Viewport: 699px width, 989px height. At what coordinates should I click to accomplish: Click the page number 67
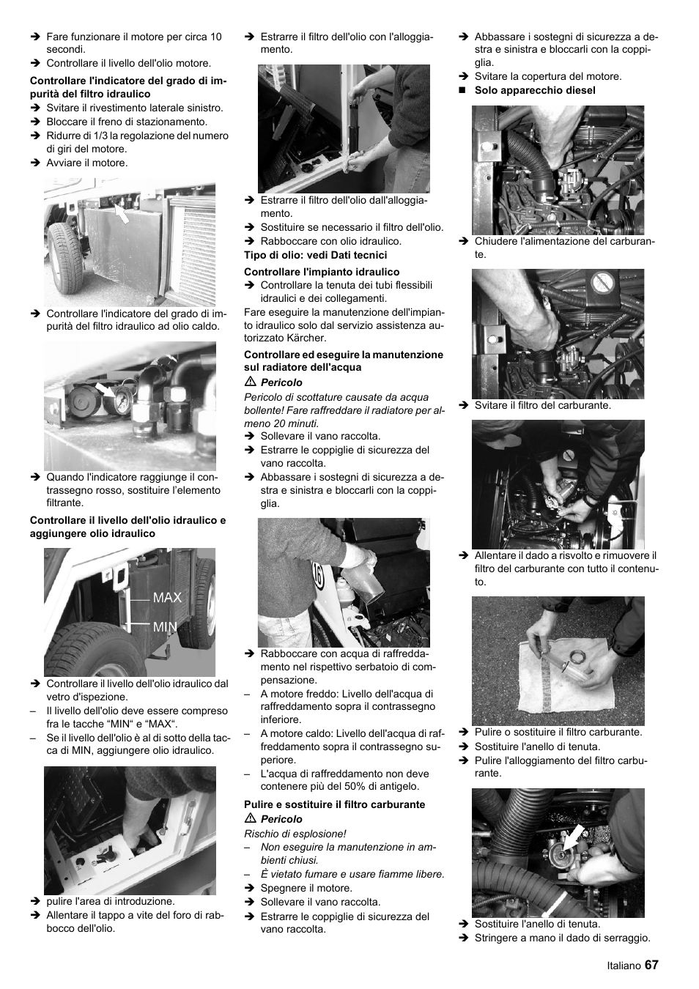[x=651, y=966]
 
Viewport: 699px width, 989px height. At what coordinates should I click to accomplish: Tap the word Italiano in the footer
[x=624, y=966]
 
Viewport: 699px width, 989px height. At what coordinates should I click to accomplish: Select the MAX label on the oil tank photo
[x=167, y=598]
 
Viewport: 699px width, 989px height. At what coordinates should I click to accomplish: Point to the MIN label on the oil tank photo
[x=165, y=627]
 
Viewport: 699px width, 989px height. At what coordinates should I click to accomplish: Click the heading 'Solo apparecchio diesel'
[x=535, y=90]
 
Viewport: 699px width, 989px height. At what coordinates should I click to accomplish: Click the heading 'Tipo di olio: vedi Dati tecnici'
[x=315, y=255]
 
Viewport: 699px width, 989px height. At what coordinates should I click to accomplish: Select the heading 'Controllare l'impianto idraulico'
[x=322, y=272]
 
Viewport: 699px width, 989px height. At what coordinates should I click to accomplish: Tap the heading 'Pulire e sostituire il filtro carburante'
[x=334, y=804]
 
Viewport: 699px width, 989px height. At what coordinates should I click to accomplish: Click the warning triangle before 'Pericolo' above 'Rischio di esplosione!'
[x=249, y=819]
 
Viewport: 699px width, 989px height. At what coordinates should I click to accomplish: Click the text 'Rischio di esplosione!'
[x=295, y=834]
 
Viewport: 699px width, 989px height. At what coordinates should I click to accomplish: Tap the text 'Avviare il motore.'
[x=86, y=163]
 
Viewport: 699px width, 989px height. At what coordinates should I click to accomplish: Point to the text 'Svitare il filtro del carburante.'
[x=542, y=405]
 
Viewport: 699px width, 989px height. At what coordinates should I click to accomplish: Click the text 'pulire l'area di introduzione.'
[x=110, y=901]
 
